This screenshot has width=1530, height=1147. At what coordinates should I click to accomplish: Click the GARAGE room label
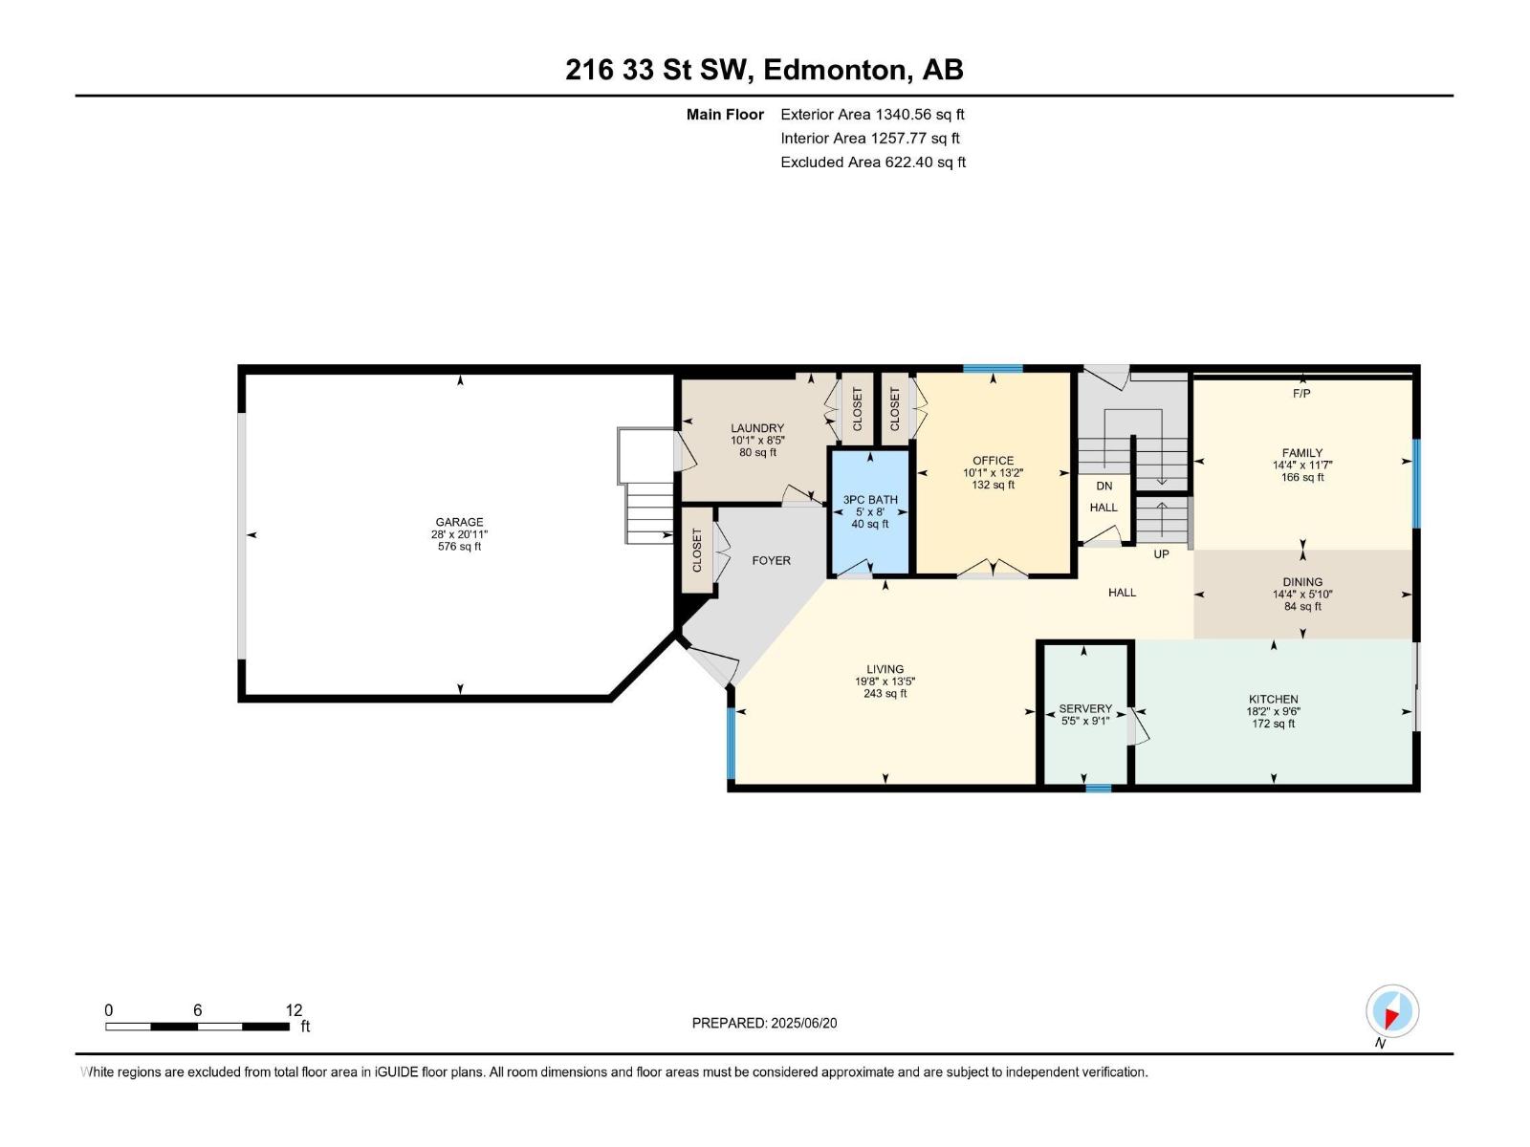tap(459, 523)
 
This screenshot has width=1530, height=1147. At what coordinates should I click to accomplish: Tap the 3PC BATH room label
tap(869, 500)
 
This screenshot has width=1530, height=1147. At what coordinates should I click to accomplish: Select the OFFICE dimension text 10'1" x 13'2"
tap(993, 472)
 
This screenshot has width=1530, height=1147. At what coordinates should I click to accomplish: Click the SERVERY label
tap(1085, 709)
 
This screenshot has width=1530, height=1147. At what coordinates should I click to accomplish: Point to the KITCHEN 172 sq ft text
tap(1273, 724)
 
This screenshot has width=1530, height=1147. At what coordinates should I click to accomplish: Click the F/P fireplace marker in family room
tap(1301, 394)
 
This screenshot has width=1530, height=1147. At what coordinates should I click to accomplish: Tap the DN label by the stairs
tap(1104, 487)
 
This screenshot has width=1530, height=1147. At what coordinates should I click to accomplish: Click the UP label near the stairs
tap(1161, 554)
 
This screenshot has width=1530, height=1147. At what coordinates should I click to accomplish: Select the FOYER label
tap(771, 561)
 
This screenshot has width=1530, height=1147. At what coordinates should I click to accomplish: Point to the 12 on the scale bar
tap(294, 1010)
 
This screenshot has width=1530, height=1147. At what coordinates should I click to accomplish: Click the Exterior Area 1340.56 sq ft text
tap(872, 115)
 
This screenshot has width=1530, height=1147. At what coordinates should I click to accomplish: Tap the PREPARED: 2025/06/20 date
tap(764, 1023)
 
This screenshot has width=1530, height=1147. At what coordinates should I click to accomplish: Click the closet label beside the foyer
tap(697, 551)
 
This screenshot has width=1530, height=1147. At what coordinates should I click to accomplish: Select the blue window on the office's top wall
tap(993, 369)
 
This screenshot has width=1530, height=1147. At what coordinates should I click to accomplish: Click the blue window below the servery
tap(1099, 789)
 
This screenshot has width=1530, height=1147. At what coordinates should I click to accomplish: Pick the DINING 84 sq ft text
tap(1302, 606)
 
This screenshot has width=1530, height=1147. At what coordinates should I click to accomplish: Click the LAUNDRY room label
tap(757, 428)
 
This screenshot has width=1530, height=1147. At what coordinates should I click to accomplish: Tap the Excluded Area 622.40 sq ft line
tap(872, 162)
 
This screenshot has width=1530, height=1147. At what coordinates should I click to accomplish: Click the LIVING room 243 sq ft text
tap(885, 694)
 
